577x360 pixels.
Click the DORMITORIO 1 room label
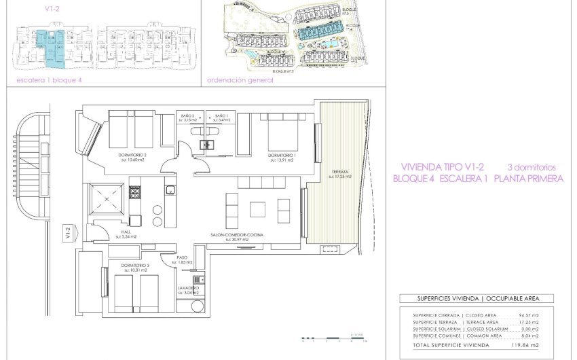pyautogui.click(x=280, y=156)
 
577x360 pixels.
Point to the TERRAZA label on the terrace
pyautogui.click(x=339, y=173)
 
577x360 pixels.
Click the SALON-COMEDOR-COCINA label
pyautogui.click(x=237, y=234)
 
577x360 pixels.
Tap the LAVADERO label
pyautogui.click(x=189, y=288)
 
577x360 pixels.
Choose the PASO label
pyautogui.click(x=181, y=257)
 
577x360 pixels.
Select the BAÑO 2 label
pyautogui.click(x=187, y=116)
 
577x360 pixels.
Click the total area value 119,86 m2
pyautogui.click(x=529, y=345)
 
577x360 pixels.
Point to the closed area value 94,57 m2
pyautogui.click(x=529, y=315)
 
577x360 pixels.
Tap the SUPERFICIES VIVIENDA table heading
pyautogui.click(x=476, y=298)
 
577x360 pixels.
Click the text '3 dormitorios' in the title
pyautogui.click(x=532, y=166)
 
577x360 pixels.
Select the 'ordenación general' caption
pyautogui.click(x=240, y=80)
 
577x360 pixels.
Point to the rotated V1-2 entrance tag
pyautogui.click(x=68, y=233)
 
